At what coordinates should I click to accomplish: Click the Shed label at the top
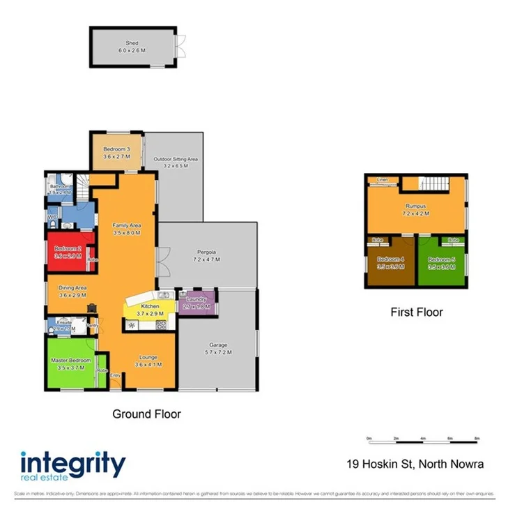pos(132,42)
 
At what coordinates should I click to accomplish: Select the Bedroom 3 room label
pos(116,149)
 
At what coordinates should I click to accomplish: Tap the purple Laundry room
pos(197,303)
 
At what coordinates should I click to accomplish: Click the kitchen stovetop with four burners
pos(160,324)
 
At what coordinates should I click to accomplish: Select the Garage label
pos(219,345)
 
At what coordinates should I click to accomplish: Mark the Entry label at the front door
pos(115,375)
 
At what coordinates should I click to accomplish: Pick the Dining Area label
pos(71,287)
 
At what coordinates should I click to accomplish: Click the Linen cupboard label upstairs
pos(382,181)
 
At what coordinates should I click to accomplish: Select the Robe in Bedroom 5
pos(453,240)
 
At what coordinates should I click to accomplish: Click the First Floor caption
pos(417,312)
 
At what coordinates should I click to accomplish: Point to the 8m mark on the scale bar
pos(477,439)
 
